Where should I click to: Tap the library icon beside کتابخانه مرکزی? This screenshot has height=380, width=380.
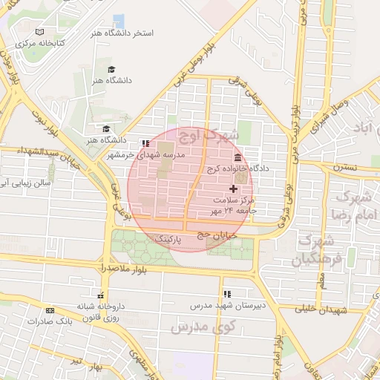pyautogui.click(x=39, y=32)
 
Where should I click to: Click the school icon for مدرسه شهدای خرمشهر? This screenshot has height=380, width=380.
pyautogui.click(x=145, y=142)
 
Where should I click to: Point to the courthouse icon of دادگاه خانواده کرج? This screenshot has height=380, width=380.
pyautogui.click(x=237, y=158)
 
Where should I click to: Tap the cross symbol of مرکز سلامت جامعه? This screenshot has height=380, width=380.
pyautogui.click(x=234, y=189)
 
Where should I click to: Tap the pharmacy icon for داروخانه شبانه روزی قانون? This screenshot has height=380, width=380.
pyautogui.click(x=100, y=293)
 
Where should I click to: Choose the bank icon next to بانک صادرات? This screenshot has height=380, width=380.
pyautogui.click(x=50, y=310)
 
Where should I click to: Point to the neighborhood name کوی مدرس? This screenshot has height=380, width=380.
pyautogui.click(x=202, y=327)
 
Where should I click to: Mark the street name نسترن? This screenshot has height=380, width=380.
pyautogui.click(x=344, y=167)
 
